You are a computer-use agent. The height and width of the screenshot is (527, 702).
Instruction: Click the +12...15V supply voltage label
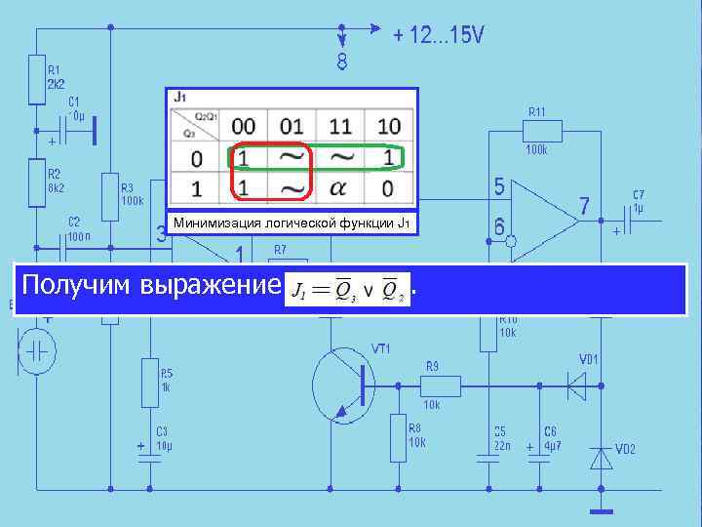(x=438, y=36)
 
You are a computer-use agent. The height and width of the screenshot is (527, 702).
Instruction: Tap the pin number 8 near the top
(x=342, y=63)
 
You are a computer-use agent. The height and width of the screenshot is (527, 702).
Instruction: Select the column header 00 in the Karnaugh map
(x=244, y=125)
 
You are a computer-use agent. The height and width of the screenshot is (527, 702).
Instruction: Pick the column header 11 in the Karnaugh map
(x=341, y=125)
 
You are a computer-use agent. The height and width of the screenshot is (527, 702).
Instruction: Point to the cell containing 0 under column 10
(x=389, y=185)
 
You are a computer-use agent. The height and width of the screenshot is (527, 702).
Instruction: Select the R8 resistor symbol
(x=398, y=438)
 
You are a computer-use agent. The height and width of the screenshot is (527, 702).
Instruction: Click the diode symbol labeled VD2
(x=602, y=457)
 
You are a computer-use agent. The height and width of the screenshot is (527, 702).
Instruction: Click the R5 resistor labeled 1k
(x=149, y=379)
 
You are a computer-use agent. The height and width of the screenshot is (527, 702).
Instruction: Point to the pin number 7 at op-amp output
(x=583, y=206)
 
